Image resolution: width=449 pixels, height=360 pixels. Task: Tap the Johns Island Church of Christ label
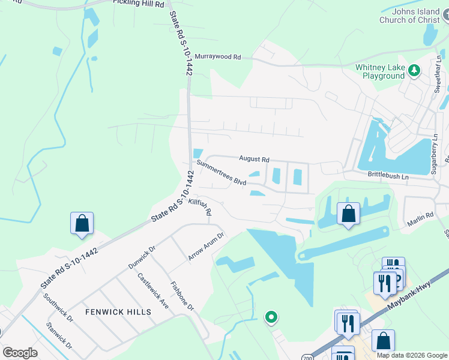point(414,16)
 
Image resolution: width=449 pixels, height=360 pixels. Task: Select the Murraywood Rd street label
point(217,56)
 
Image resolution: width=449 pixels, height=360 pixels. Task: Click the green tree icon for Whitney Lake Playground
point(414,71)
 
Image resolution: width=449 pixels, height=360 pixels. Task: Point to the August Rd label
point(254,159)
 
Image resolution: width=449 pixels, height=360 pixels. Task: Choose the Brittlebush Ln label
point(388,174)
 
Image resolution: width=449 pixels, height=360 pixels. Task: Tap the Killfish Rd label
point(200,208)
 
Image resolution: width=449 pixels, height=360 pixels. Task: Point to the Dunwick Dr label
point(142,257)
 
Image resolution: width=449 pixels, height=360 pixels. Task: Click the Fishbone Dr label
point(182,296)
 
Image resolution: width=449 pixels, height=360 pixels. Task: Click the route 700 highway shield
point(307,356)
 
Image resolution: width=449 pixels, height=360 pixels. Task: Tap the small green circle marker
point(271,317)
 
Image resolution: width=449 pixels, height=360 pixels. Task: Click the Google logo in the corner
point(20,353)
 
